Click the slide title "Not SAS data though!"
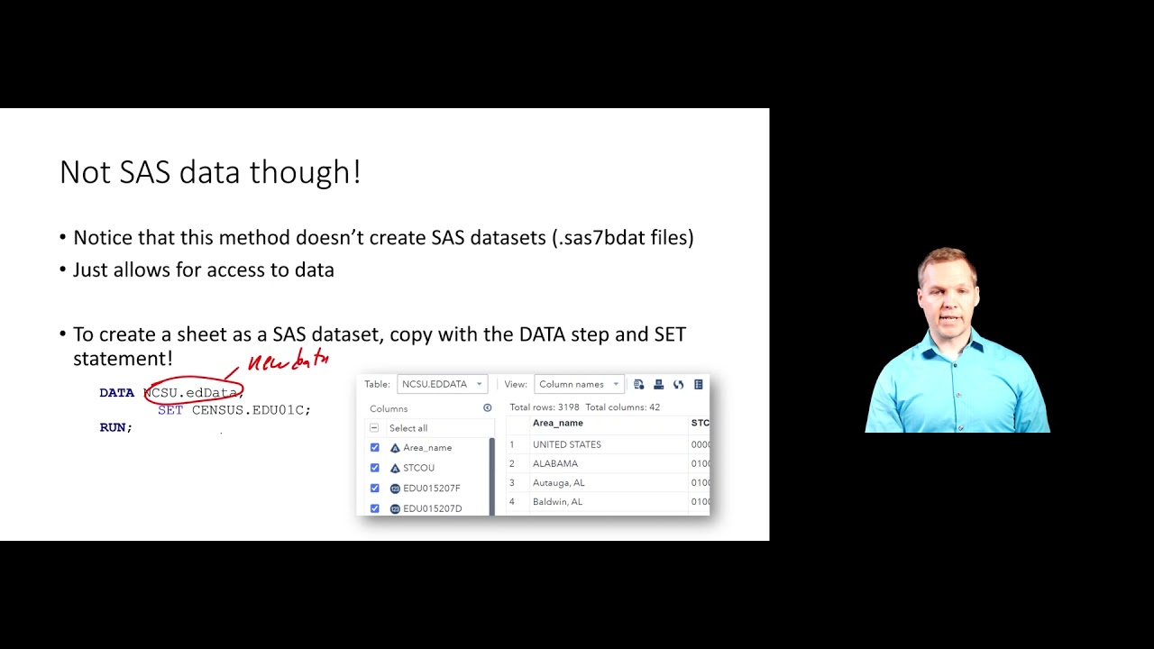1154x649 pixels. [x=210, y=172]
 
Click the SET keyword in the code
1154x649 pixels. [x=170, y=410]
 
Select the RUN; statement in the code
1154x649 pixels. [x=115, y=427]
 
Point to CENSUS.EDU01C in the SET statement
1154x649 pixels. [x=251, y=410]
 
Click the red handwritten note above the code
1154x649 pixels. [x=288, y=362]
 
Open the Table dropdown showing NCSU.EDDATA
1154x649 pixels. [x=442, y=384]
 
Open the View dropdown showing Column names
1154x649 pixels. [x=579, y=384]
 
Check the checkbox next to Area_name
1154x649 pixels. [x=375, y=448]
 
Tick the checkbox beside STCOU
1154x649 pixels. [x=375, y=468]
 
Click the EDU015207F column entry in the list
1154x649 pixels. [x=431, y=489]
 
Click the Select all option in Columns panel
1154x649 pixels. [x=408, y=428]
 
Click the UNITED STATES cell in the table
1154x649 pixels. [x=566, y=444]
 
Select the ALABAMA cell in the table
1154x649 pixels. [x=555, y=463]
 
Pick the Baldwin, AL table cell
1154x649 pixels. [x=557, y=501]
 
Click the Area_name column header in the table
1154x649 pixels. [x=558, y=423]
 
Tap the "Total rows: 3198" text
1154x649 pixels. [x=545, y=407]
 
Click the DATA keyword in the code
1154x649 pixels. [x=116, y=393]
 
